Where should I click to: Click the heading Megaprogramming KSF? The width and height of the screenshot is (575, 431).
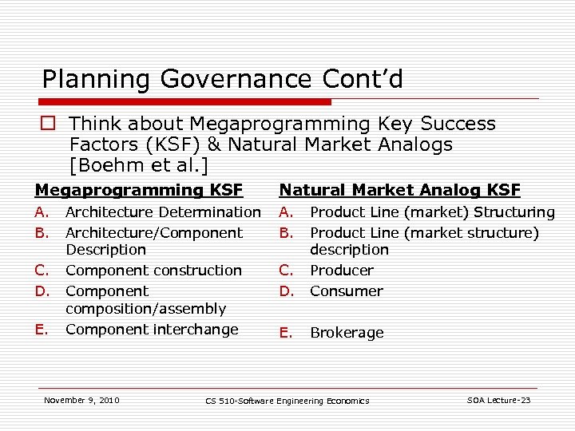pos(138,190)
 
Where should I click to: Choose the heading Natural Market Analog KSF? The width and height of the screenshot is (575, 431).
pos(399,190)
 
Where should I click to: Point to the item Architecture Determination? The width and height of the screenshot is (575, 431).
pos(163,212)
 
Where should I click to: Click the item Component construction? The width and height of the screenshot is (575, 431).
pos(153,271)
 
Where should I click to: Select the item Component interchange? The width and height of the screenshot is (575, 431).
pos(152,330)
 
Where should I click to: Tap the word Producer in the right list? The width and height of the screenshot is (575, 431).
pos(341,271)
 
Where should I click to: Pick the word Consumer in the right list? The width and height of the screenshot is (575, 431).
pos(346,291)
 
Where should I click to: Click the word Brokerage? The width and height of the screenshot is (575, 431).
pos(347,333)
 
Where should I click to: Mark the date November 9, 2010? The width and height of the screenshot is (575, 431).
pos(81,400)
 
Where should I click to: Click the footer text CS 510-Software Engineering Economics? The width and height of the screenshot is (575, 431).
pos(287,401)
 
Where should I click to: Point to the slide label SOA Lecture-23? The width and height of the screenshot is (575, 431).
pos(498,400)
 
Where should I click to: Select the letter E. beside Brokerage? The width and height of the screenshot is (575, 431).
pos(285,333)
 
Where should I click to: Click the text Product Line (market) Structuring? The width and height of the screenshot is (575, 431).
pos(432,212)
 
